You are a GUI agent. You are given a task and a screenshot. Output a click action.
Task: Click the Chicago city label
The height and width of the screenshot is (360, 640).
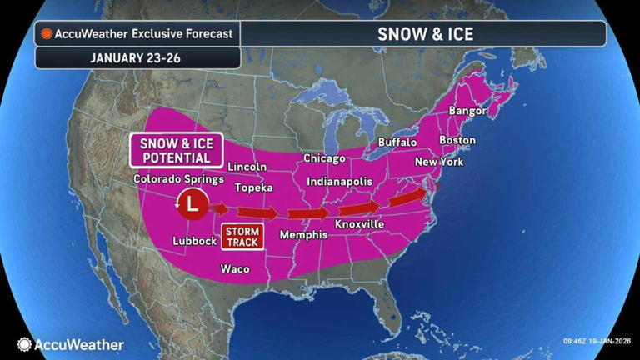click(324, 158)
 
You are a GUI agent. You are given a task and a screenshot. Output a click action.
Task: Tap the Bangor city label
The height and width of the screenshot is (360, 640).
click(467, 111)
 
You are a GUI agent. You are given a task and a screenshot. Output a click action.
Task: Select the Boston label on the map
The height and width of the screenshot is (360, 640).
click(457, 140)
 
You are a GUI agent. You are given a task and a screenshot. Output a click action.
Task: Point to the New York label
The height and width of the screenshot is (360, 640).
click(438, 162)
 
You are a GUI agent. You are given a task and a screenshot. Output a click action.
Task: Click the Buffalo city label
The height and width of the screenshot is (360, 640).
click(397, 142)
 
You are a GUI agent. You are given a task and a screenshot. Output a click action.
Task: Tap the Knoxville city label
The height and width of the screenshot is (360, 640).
click(359, 225)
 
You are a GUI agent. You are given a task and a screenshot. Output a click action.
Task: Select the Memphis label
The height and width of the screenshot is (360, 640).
click(303, 235)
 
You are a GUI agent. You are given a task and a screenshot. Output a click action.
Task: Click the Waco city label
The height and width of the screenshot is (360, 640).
click(235, 269)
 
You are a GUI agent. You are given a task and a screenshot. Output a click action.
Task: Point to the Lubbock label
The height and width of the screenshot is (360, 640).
click(194, 241)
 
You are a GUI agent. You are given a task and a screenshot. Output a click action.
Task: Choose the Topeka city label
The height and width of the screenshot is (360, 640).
click(253, 187)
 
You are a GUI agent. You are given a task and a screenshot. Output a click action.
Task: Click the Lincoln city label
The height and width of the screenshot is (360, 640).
click(247, 167)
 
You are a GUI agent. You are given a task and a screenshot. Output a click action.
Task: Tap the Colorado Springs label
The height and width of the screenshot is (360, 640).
click(178, 179)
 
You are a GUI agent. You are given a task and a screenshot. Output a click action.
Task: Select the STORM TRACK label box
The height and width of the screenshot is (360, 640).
click(241, 236)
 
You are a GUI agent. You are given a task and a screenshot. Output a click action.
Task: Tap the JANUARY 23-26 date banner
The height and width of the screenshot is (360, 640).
click(138, 57)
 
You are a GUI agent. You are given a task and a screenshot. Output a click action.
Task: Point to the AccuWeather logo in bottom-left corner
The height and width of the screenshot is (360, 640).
click(71, 344)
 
